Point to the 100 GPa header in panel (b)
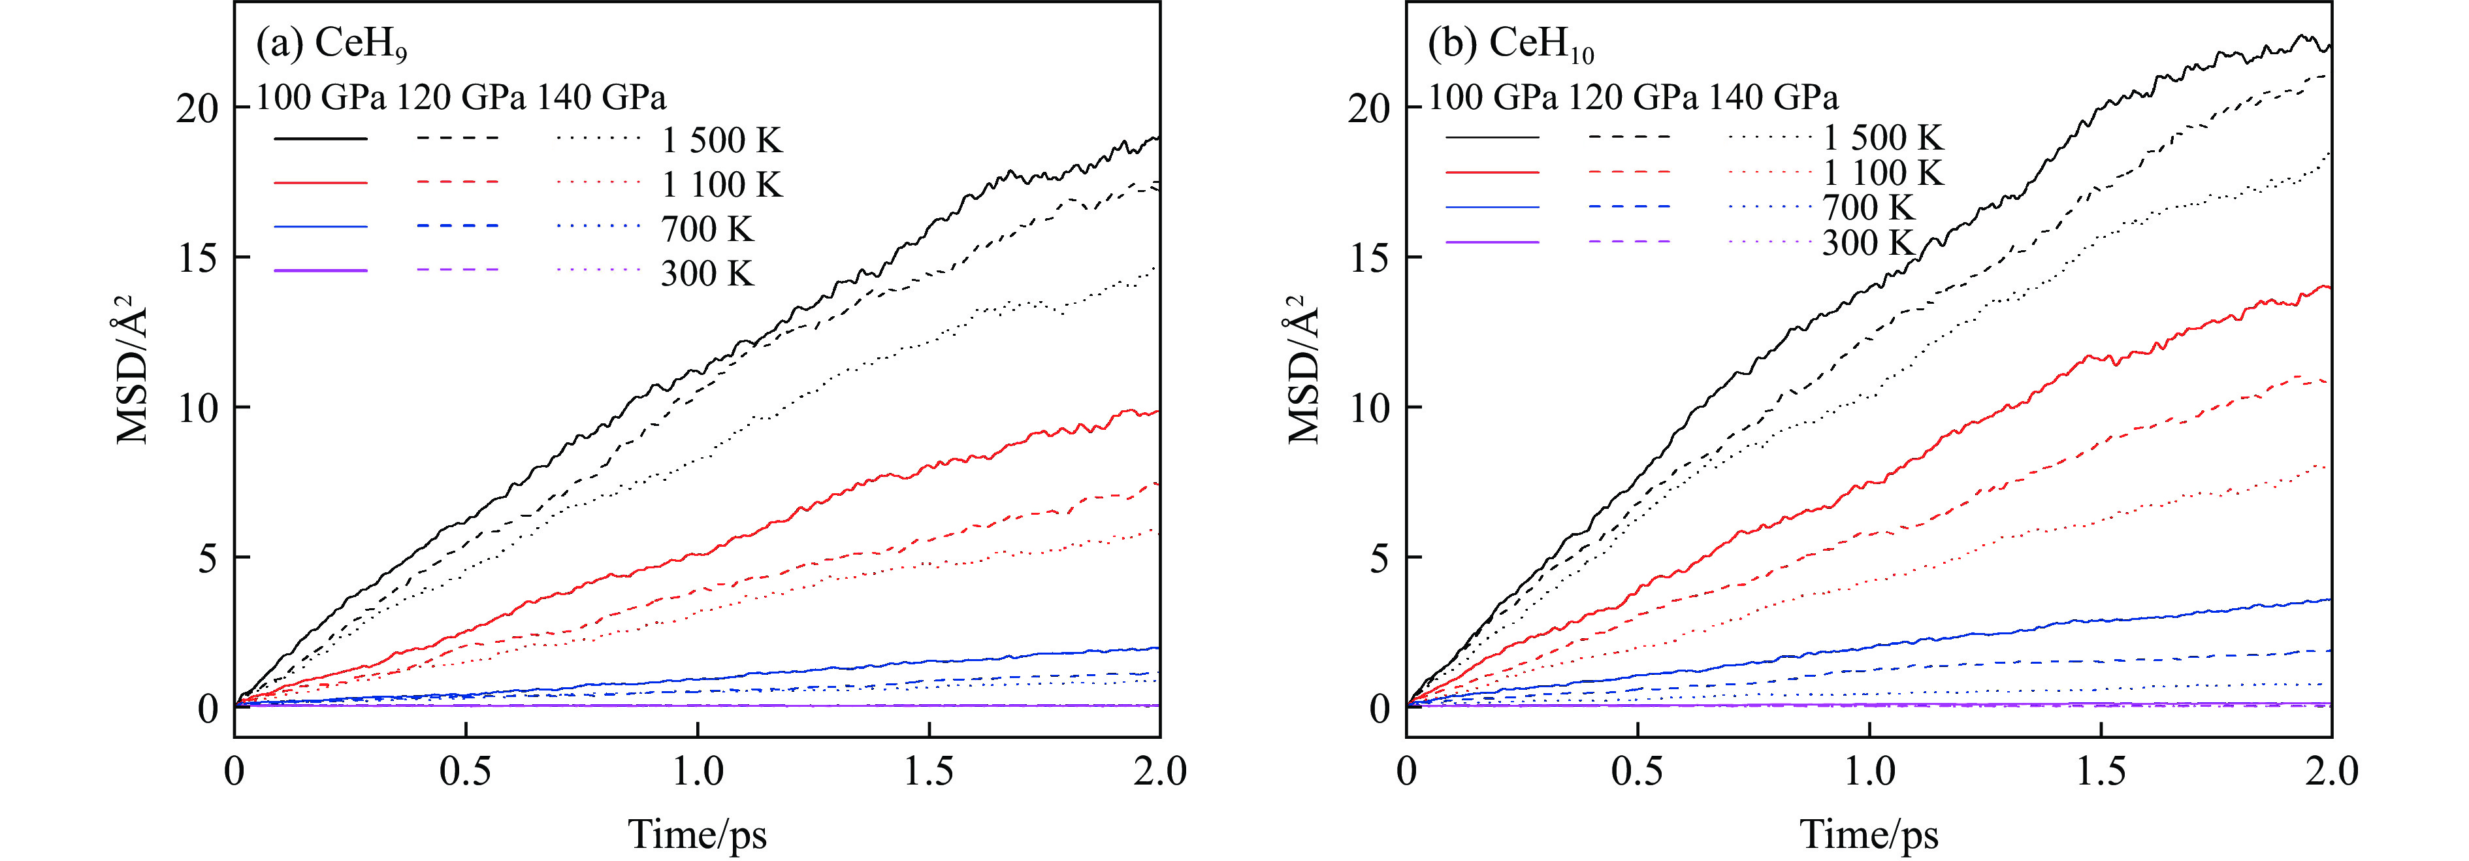1493,97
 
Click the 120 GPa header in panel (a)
461,97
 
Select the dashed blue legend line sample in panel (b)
1630,206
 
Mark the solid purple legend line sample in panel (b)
1493,242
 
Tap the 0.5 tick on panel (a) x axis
466,771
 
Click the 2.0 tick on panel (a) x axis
1160,771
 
